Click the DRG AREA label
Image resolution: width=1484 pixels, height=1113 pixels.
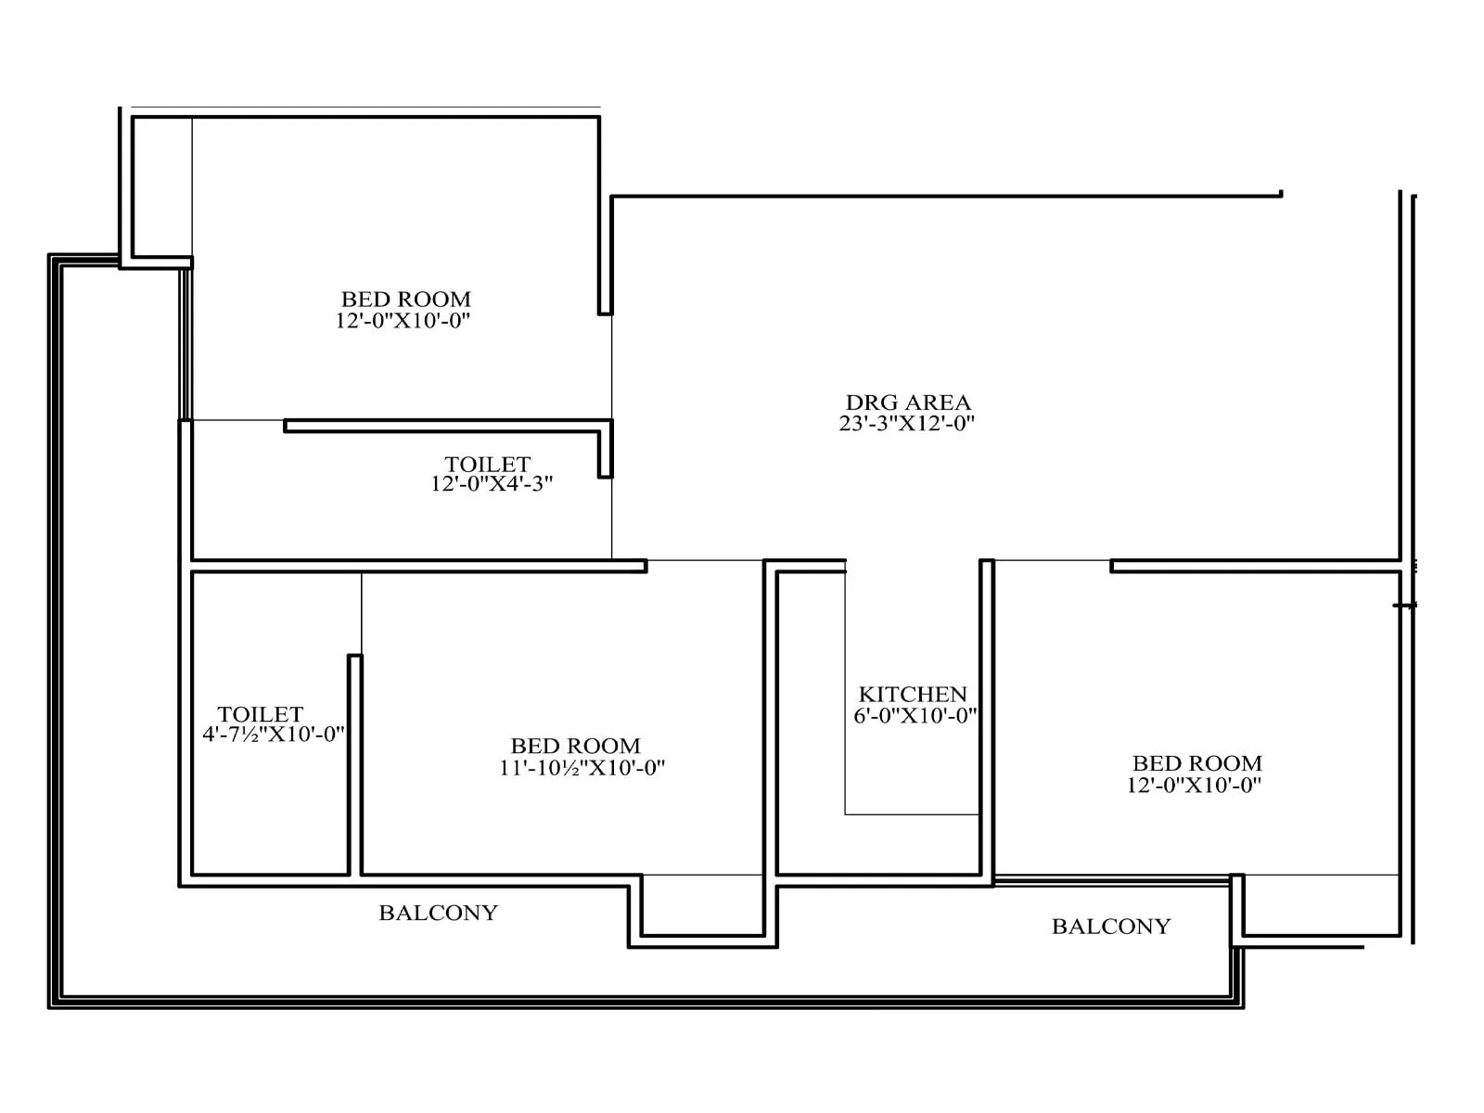pos(908,403)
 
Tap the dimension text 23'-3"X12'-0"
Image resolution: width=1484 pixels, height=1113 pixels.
pos(906,424)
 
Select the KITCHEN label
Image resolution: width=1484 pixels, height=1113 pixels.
pos(913,694)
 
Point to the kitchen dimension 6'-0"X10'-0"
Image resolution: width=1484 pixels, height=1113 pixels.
pos(915,716)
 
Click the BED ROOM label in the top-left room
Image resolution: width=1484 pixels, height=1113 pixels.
pos(405,299)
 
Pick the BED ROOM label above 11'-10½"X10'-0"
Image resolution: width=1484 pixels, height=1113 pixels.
pos(575,746)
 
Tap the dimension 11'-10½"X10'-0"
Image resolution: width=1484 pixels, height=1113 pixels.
pos(582,768)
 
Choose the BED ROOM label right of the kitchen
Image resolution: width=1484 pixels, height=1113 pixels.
pos(1196,763)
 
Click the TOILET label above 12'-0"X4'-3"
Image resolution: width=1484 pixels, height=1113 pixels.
pos(487,464)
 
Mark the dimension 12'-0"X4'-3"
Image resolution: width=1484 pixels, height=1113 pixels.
pos(492,483)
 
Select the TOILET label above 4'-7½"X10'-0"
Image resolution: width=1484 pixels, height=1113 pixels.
pos(261,713)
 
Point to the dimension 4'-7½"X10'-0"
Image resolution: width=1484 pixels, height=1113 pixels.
pos(274,734)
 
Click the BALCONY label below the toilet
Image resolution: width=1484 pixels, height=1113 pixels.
pos(438,913)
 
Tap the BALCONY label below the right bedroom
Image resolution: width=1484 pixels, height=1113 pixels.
pos(1110,926)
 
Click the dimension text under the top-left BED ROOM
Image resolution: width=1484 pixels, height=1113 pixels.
pos(403,321)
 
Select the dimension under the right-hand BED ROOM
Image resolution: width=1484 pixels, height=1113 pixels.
pos(1194,785)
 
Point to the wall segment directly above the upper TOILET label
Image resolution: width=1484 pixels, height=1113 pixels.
pos(445,426)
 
